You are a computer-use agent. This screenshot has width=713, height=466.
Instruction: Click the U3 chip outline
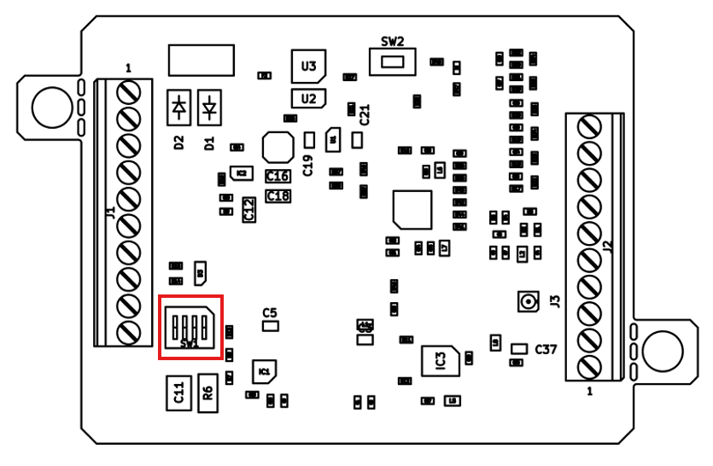coord(308,66)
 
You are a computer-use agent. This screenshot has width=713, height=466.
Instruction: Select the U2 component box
coord(308,98)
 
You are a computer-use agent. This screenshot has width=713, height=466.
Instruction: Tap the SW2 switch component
coord(392,62)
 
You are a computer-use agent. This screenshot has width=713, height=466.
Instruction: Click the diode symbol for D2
coord(179,108)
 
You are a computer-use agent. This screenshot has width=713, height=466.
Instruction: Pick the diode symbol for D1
coord(209,108)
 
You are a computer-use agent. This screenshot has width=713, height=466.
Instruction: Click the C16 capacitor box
coord(278,176)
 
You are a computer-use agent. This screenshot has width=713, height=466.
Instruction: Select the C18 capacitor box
coord(278,195)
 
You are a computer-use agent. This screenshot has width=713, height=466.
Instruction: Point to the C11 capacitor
coord(178,392)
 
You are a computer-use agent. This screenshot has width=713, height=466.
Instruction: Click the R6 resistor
coord(207,393)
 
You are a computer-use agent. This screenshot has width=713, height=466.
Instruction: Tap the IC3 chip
coord(441,359)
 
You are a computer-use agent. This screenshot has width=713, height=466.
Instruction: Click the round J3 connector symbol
coord(529,301)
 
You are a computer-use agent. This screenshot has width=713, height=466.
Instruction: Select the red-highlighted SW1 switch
coord(190,327)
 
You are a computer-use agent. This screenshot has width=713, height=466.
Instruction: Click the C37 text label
coord(546,349)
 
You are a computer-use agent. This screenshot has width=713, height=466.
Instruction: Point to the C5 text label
coord(270,312)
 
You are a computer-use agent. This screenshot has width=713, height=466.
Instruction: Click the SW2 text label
coord(392,41)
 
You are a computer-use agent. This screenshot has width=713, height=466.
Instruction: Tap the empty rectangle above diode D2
coord(202,60)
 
